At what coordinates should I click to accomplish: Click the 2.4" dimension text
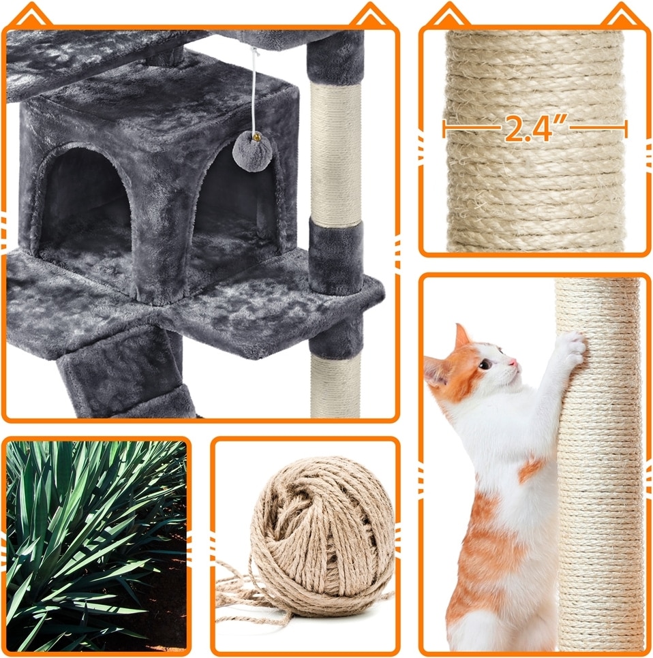pyautogui.click(x=534, y=129)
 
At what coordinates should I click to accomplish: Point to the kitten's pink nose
pyautogui.click(x=513, y=362)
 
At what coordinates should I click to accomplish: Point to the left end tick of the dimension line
pyautogui.click(x=444, y=129)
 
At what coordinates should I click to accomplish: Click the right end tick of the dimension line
pyautogui.click(x=626, y=129)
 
